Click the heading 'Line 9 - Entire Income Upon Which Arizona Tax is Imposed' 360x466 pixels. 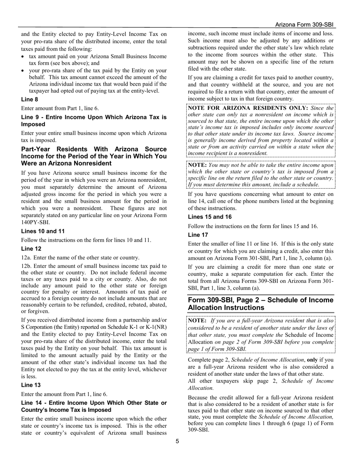coord(94,121)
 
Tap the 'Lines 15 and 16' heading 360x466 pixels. coord(210,217)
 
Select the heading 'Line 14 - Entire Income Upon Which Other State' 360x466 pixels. coord(94,406)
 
